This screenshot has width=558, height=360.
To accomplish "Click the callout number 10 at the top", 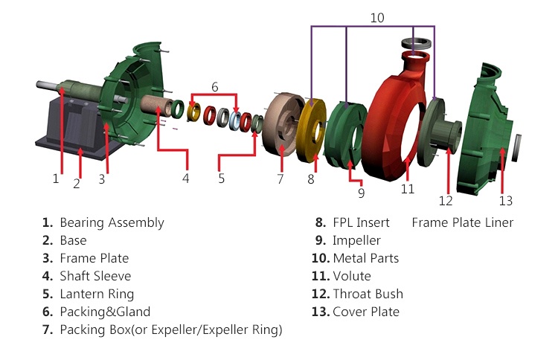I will (377, 17).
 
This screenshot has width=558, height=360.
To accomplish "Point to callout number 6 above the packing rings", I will (214, 86).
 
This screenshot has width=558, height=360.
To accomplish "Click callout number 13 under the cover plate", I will (506, 200).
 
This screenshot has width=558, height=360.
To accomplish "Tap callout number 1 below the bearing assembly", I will (55, 179).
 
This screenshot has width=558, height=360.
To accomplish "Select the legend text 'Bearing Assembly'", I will (112, 222).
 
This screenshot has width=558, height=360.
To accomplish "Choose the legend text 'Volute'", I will (352, 276).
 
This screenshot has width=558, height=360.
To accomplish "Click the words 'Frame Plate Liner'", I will (462, 222).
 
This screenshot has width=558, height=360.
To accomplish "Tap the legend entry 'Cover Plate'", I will (366, 312).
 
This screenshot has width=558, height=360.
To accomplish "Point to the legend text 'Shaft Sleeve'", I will (95, 276).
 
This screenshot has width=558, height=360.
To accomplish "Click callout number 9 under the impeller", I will (361, 193).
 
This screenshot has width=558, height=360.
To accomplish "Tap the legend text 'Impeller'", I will (356, 240).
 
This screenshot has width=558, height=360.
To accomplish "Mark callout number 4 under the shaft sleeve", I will (186, 179).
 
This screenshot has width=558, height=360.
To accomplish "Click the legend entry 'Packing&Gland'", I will (105, 312).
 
